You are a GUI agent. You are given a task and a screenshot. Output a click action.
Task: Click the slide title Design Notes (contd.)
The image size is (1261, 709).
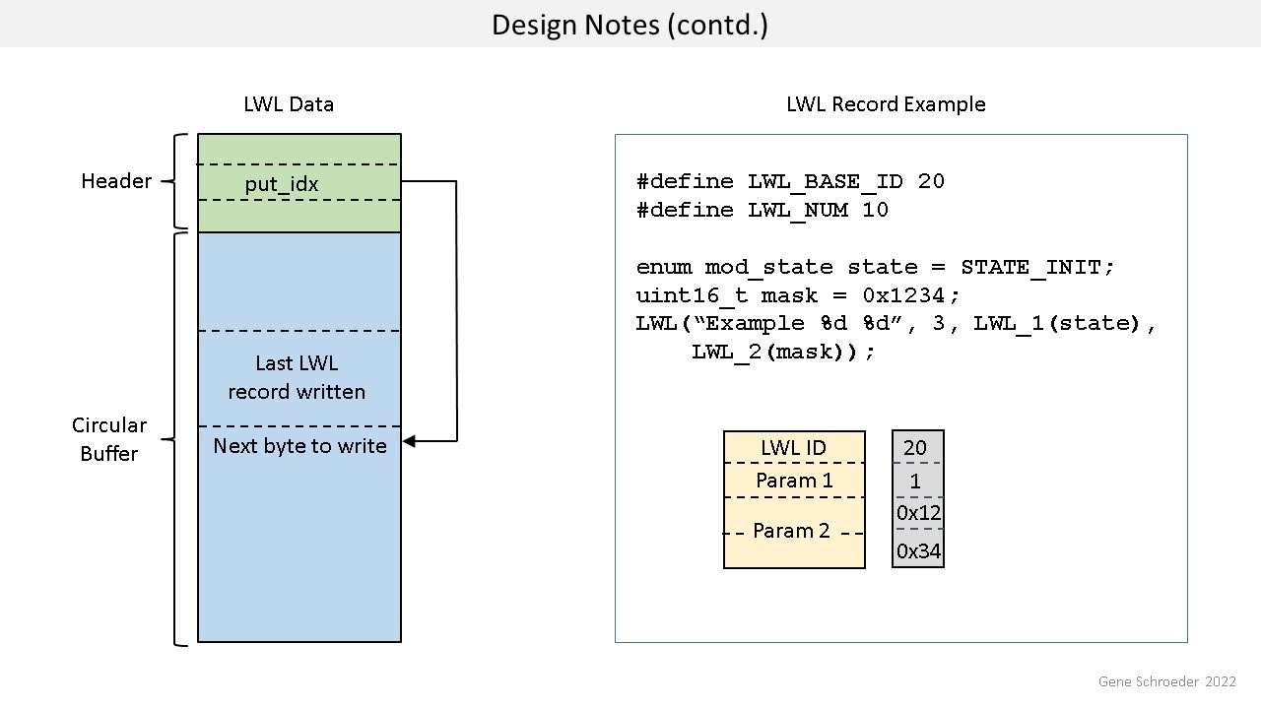click(630, 24)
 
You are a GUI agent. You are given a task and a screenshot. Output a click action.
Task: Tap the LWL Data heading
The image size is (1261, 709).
click(289, 104)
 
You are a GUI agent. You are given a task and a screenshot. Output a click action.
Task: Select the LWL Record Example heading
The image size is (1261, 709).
click(886, 104)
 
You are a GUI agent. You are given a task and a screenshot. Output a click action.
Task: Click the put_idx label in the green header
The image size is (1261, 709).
click(282, 184)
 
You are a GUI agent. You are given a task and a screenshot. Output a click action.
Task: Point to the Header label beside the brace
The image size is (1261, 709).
click(116, 181)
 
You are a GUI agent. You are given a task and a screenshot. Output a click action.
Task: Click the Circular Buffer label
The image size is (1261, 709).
click(109, 439)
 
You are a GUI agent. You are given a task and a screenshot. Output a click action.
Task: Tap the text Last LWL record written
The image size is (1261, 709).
click(297, 377)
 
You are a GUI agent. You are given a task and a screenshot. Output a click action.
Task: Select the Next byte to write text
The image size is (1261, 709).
click(299, 446)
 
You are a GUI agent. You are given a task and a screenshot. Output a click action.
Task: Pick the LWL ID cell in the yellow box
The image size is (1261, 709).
click(793, 448)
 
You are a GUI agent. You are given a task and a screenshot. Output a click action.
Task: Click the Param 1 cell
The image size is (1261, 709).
click(794, 481)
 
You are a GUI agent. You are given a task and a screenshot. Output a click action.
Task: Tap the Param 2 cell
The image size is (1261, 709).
click(791, 531)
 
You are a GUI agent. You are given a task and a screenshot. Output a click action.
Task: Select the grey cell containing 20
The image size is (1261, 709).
click(915, 448)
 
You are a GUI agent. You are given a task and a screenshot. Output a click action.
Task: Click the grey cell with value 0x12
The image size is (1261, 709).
click(918, 513)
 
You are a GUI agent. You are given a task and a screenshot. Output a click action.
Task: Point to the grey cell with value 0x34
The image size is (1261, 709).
click(918, 551)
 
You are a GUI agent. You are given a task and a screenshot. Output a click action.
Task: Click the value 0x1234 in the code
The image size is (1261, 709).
click(906, 295)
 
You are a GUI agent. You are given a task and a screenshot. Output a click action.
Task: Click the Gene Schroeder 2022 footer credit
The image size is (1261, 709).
click(1166, 681)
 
